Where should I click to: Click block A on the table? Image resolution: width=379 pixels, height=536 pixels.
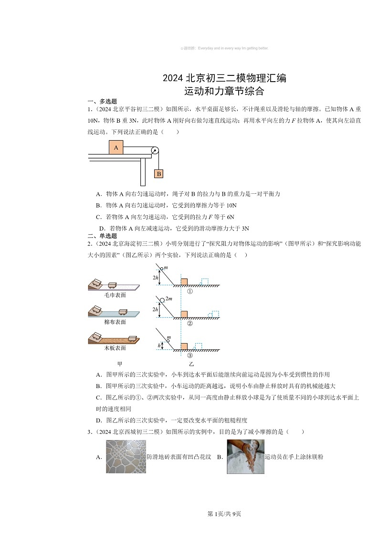pos(116,147)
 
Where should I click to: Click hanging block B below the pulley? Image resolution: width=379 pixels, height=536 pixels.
pos(158,174)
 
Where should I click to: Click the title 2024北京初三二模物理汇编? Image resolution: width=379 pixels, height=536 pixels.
pos(224,78)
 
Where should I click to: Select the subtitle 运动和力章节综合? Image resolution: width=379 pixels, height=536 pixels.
pos(224,90)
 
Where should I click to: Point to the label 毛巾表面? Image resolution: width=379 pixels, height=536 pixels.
pos(115,295)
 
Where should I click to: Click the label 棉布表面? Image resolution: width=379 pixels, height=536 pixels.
pos(115,322)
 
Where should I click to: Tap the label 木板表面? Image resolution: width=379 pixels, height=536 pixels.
pos(115,348)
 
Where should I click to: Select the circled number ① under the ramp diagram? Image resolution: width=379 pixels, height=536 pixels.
pos(189,292)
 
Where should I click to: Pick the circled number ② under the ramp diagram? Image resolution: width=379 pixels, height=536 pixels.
pos(189,324)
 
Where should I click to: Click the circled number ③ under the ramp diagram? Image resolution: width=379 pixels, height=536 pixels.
pos(189,356)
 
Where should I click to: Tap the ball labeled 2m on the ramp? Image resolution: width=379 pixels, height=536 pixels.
pos(162,300)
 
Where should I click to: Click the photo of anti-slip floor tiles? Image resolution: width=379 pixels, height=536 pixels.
pos(126,457)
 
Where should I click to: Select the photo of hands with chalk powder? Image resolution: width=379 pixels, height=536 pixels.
pos(245,457)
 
